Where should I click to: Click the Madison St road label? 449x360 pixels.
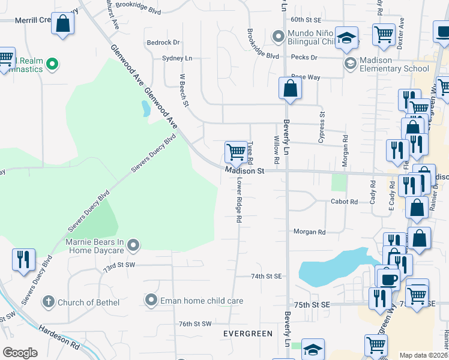pyautogui.click(x=245, y=171)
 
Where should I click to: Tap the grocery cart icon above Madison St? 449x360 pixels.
pyautogui.click(x=237, y=151)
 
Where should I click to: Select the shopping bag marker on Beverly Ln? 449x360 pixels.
pyautogui.click(x=290, y=88)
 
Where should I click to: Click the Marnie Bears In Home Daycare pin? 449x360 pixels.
pyautogui.click(x=133, y=244)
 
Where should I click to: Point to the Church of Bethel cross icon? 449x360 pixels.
pyautogui.click(x=49, y=302)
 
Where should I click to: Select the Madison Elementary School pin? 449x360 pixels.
pyautogui.click(x=350, y=63)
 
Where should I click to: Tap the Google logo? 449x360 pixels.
pyautogui.click(x=20, y=353)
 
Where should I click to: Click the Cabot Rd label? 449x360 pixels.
pyautogui.click(x=345, y=202)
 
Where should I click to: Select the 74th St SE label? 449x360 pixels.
pyautogui.click(x=266, y=276)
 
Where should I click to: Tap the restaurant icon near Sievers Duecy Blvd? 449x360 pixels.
pyautogui.click(x=23, y=259)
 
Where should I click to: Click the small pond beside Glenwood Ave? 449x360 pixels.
pyautogui.click(x=146, y=109)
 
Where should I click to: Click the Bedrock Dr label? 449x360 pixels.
pyautogui.click(x=163, y=43)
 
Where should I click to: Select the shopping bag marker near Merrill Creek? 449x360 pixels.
pyautogui.click(x=63, y=24)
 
